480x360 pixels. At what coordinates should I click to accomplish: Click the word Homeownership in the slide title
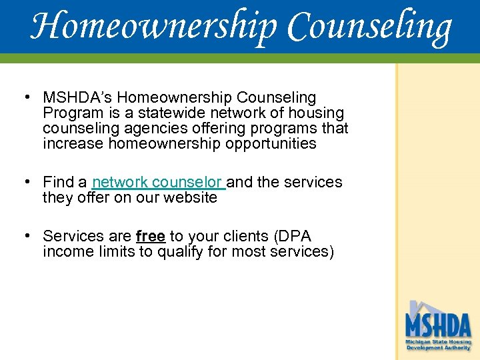154,27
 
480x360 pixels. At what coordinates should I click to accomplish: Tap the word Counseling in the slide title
369,27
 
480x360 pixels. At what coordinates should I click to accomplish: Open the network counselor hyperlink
159,182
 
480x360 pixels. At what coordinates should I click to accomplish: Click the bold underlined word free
150,237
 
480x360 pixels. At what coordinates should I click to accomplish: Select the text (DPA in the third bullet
291,237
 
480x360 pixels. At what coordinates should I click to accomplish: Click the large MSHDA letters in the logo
437,325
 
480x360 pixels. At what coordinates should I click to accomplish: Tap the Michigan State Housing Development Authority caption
438,345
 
